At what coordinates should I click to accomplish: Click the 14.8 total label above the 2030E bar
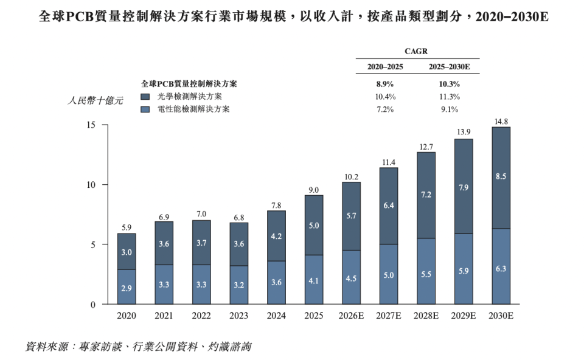(x=501, y=122)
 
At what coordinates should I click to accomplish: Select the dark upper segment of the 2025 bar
(x=314, y=225)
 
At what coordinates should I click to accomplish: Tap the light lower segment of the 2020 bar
(x=127, y=286)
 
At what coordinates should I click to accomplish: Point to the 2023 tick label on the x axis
(x=239, y=316)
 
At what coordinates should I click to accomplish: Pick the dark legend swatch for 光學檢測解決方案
(x=145, y=97)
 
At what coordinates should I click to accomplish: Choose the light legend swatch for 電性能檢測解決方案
(x=145, y=109)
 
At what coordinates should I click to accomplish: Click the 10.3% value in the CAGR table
(x=450, y=84)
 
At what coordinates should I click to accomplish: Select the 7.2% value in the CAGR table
(x=385, y=109)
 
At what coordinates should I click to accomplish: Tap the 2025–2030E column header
(x=450, y=67)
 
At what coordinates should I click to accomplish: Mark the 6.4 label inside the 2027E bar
(x=389, y=206)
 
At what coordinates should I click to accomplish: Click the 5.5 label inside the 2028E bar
(x=426, y=274)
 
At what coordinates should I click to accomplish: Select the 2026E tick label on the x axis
(x=351, y=316)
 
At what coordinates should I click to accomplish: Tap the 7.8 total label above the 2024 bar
(x=276, y=206)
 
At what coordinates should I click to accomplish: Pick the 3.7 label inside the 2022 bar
(x=201, y=243)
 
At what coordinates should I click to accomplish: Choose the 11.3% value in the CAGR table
(x=450, y=97)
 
